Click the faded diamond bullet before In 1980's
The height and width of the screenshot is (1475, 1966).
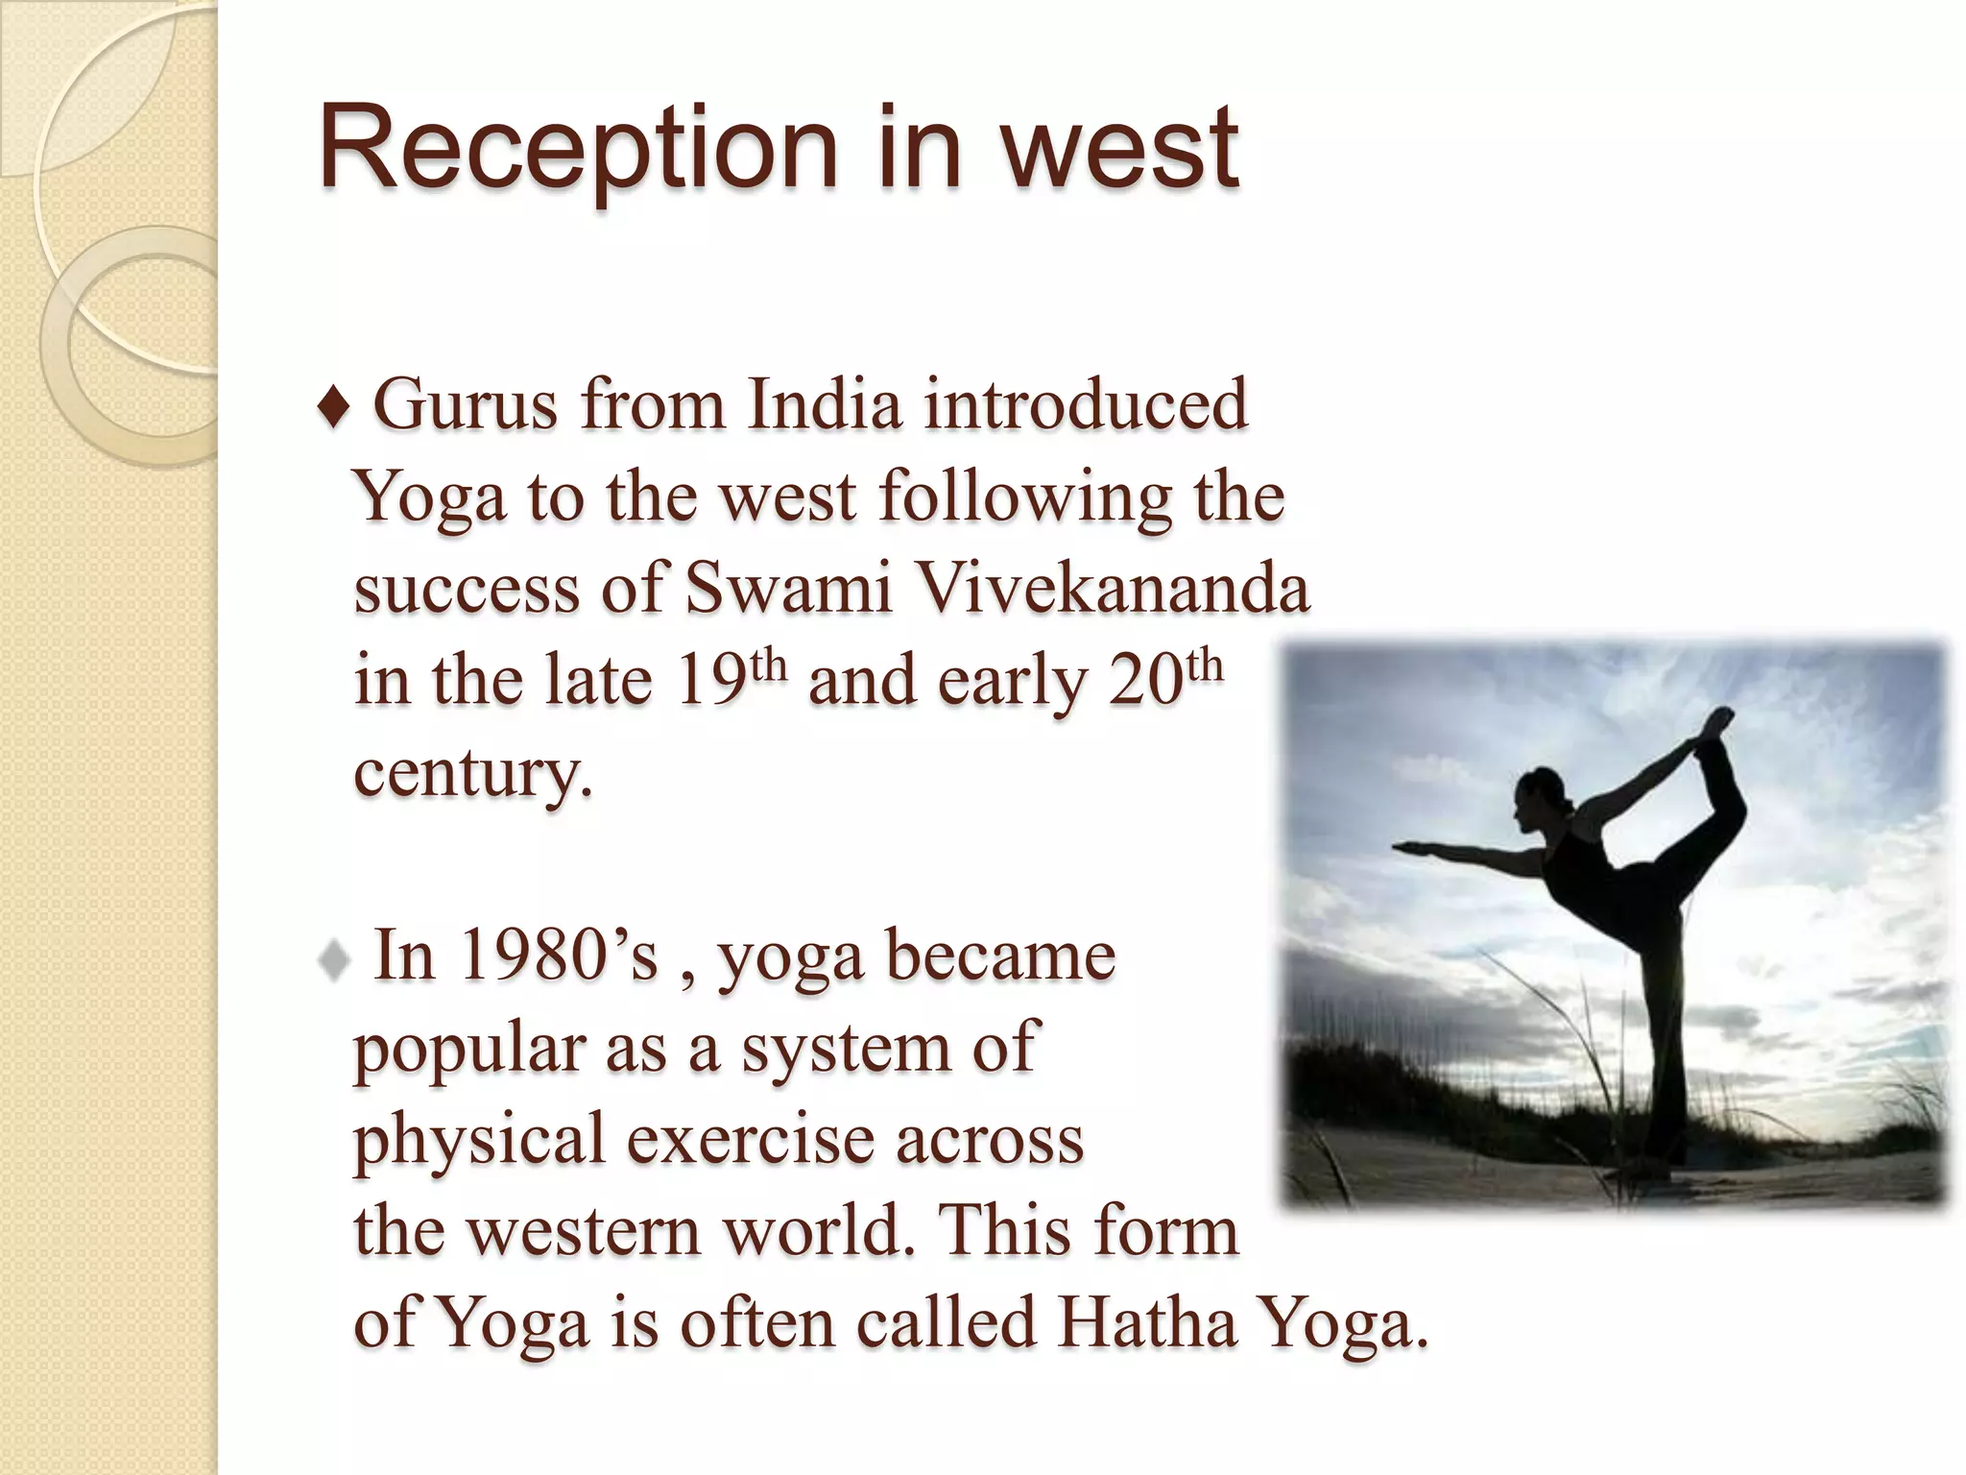333,959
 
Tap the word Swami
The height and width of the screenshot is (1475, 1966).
788,588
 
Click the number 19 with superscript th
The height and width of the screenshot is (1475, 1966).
730,678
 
